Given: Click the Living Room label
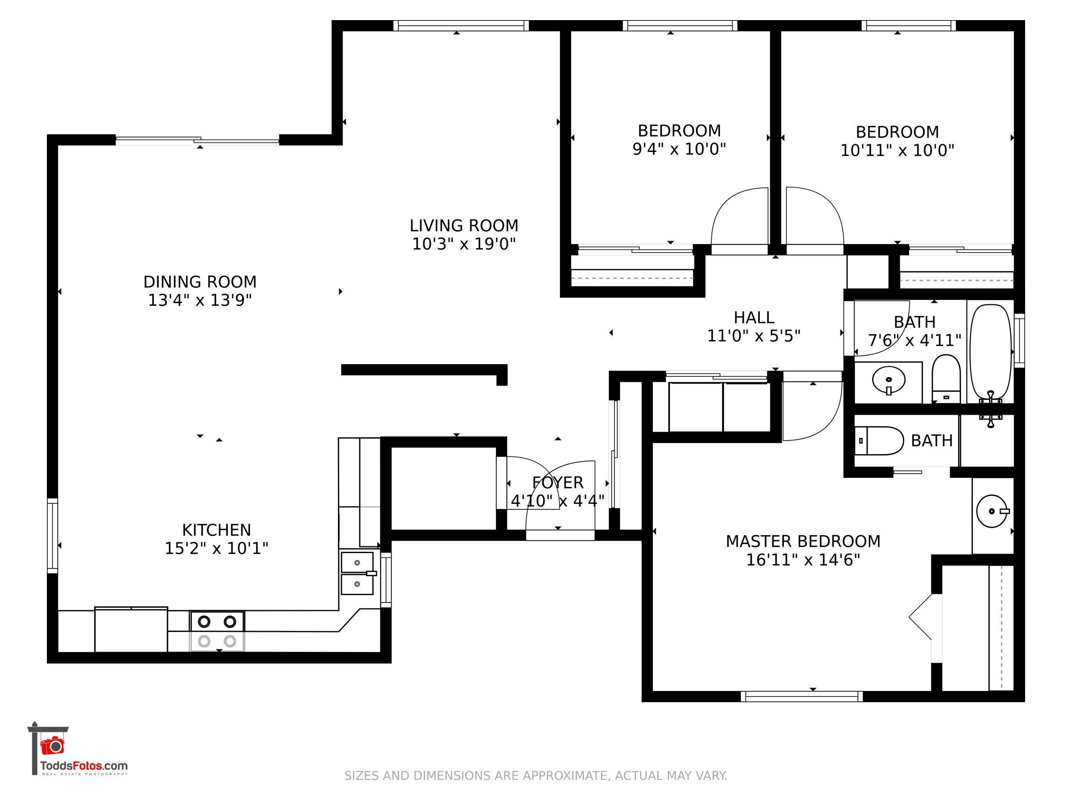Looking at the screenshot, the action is coord(464,226).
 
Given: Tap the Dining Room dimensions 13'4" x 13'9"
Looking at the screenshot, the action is coord(200,301).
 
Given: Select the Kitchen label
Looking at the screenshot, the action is coord(216,530).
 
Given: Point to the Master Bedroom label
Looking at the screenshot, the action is coord(803,541).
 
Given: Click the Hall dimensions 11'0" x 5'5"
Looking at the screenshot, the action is coord(754,336).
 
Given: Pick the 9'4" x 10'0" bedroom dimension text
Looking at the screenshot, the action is coord(679,149).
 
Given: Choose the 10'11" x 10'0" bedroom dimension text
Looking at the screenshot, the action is coord(897,151).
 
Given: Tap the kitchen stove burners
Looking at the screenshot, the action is coord(217,631).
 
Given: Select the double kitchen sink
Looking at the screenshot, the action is coord(357,573).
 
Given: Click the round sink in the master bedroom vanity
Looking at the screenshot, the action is coord(992,511).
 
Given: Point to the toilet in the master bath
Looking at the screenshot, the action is coord(879,441).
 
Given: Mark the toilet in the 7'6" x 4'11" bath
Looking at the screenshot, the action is coord(946,379).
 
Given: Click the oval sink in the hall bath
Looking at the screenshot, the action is coord(888,380).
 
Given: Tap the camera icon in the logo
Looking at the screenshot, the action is coord(52,746).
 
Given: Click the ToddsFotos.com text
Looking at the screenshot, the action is coord(84,766).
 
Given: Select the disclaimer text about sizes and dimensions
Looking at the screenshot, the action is coord(536,776).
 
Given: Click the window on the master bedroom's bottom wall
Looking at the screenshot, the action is coord(801,696).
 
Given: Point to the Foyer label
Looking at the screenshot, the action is coord(558,483).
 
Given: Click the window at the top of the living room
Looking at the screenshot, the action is coord(461,26).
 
